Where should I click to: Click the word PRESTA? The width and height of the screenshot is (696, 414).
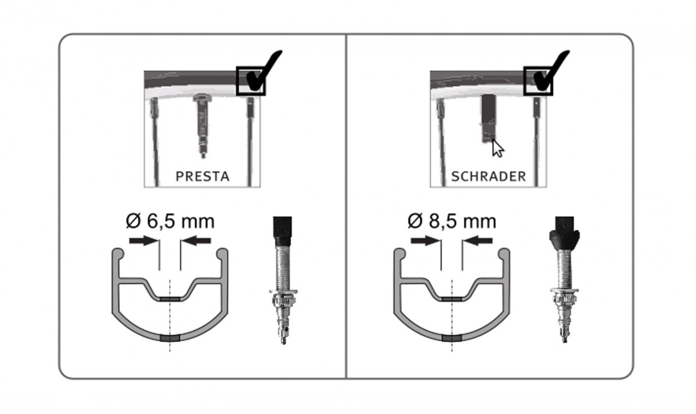[x=202, y=176]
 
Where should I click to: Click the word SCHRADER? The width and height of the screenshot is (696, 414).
[x=489, y=176]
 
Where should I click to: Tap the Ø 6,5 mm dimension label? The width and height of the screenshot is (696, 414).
[x=170, y=221]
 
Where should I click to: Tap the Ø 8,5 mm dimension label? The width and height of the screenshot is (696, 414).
[x=452, y=221]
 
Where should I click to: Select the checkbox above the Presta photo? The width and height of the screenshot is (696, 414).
[x=251, y=81]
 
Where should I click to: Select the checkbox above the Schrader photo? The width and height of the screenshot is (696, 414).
[x=538, y=81]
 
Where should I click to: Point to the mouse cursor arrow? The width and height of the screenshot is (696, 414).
[x=497, y=149]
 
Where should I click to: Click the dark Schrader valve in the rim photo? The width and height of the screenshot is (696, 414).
[x=489, y=119]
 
